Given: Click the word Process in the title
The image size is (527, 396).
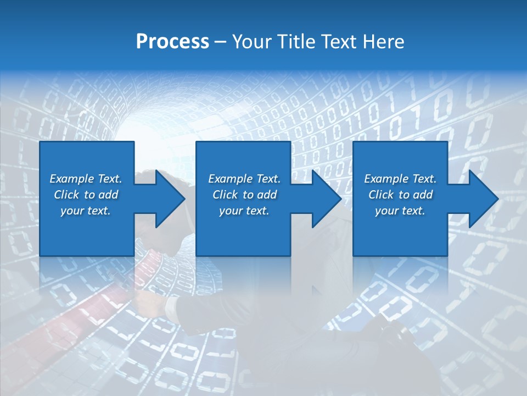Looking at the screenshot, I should (172, 42).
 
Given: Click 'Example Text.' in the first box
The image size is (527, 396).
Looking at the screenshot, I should (86, 179).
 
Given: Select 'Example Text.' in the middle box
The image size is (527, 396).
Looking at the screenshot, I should (244, 179).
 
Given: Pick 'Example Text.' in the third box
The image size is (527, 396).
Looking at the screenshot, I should (400, 179).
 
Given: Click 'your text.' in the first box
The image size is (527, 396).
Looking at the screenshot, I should (86, 211).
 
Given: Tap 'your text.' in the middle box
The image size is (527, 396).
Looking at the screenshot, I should (244, 211).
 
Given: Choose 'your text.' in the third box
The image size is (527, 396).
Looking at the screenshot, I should (400, 211).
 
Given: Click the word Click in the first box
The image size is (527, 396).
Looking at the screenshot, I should (67, 195).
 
